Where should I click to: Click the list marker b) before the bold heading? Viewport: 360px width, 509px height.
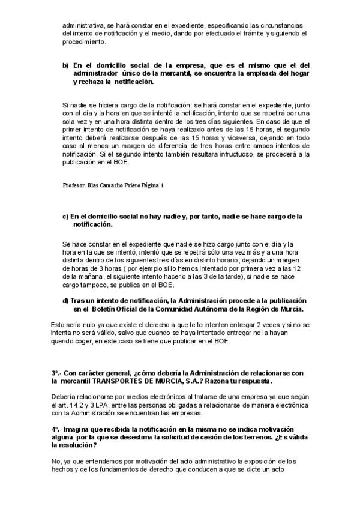[65, 64]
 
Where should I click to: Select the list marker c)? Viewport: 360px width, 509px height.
[65, 215]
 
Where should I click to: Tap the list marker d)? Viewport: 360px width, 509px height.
[65, 300]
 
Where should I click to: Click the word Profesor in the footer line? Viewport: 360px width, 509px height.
[74, 185]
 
